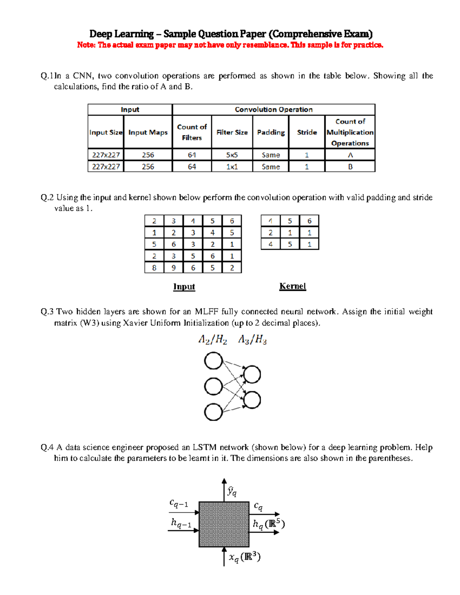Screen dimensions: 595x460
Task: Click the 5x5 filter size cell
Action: tap(232, 155)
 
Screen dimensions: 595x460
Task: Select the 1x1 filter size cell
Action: tap(232, 167)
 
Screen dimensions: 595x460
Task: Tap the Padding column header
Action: tap(271, 132)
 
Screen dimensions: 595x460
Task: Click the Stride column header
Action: tap(307, 132)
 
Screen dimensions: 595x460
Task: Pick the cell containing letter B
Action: tap(350, 167)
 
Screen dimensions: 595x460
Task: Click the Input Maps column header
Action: tap(148, 132)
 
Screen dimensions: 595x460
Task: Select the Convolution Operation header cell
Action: tap(273, 110)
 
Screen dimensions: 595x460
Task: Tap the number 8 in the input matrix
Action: tap(154, 268)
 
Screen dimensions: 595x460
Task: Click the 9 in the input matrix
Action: tap(174, 268)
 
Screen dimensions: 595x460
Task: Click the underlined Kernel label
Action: tap(292, 286)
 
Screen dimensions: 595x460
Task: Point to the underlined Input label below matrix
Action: tap(184, 287)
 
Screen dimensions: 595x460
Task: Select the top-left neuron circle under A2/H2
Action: tap(214, 361)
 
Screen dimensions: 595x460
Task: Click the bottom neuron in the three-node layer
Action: tap(214, 412)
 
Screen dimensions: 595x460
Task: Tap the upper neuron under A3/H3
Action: tap(252, 374)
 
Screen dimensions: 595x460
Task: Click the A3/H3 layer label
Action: tap(252, 339)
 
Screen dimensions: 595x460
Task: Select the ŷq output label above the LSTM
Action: tap(232, 491)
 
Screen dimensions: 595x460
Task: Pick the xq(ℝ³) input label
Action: tap(245, 557)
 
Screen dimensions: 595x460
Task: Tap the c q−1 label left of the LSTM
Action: tap(179, 503)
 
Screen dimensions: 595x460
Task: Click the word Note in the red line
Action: tap(85, 45)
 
